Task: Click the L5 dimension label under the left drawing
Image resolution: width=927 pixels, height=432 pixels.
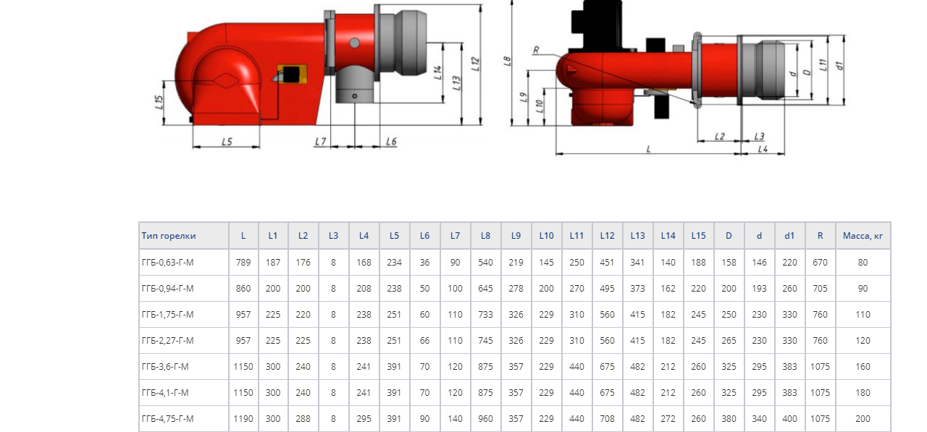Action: click(227, 142)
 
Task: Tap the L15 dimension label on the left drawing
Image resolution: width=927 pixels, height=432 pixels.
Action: click(159, 102)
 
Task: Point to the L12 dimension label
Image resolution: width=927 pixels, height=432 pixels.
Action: click(475, 64)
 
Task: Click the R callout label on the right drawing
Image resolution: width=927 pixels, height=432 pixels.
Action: click(536, 50)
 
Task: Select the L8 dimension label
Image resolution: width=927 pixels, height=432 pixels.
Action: click(507, 62)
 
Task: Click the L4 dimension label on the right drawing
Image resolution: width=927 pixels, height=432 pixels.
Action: click(763, 148)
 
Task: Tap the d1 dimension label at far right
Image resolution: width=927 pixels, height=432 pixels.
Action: click(839, 66)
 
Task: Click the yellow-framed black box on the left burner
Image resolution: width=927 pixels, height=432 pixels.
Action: click(292, 74)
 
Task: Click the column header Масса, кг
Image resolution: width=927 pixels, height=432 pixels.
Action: click(863, 236)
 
